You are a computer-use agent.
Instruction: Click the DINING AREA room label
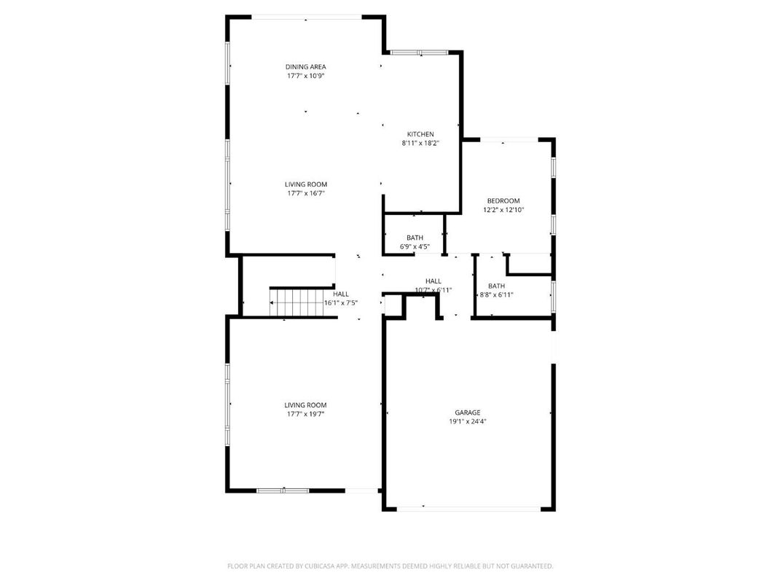click(305, 66)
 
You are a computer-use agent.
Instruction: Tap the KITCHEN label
click(420, 134)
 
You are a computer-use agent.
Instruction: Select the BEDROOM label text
click(503, 200)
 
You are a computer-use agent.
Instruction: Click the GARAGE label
click(468, 413)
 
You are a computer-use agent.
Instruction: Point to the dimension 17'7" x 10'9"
click(305, 76)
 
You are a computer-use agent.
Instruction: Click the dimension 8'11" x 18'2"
click(420, 144)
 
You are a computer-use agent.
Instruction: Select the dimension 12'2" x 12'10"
click(503, 210)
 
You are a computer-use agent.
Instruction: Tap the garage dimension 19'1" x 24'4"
click(468, 421)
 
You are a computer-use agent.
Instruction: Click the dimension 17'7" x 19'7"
click(305, 414)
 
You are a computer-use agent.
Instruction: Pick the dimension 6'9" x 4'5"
click(415, 246)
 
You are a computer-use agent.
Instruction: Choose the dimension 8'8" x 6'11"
click(496, 294)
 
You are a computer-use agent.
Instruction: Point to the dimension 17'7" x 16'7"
click(305, 193)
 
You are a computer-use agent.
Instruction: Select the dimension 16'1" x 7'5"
click(341, 302)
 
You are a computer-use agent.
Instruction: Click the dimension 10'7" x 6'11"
click(433, 289)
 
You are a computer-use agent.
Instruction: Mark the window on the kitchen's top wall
click(419, 52)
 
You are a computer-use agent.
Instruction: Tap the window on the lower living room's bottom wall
click(283, 491)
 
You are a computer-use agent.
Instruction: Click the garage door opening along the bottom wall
click(468, 508)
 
